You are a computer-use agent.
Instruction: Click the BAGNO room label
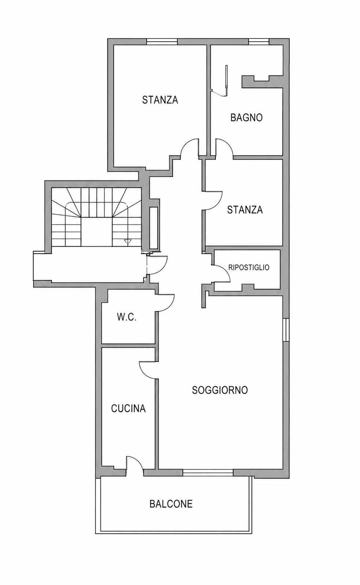click(246, 117)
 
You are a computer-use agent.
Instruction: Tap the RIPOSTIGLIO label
click(249, 267)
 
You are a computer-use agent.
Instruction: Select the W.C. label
click(127, 317)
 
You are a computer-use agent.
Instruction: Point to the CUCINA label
click(128, 408)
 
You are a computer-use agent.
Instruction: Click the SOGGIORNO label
click(220, 390)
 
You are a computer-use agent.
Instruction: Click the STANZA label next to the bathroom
click(160, 100)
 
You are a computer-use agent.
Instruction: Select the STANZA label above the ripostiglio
click(245, 210)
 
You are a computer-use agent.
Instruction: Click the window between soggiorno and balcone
click(208, 472)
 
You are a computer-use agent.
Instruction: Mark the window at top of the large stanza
click(162, 42)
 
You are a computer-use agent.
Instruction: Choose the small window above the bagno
click(259, 42)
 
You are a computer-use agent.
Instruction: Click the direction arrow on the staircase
click(127, 241)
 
